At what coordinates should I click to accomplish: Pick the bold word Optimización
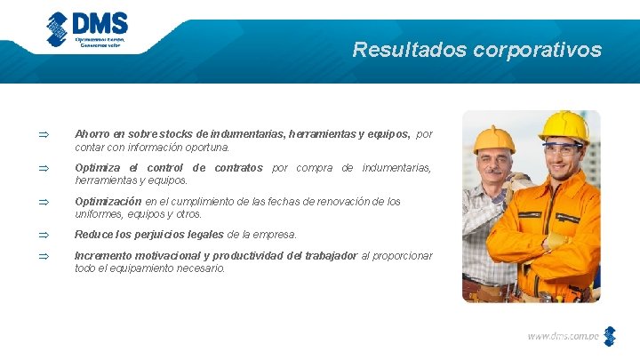[x=108, y=201]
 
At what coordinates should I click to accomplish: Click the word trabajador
[x=326, y=255]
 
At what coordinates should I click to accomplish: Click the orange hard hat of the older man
[x=493, y=139]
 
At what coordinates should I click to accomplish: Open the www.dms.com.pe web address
[x=563, y=336]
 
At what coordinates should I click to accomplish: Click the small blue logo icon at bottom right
[x=609, y=336]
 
